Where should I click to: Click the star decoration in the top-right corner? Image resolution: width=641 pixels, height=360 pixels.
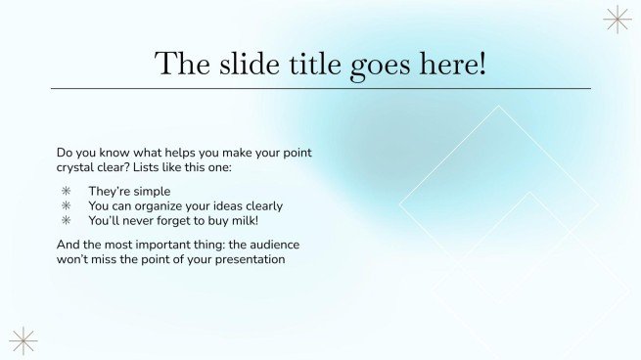(618, 20)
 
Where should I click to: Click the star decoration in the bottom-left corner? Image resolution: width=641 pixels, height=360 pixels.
(23, 340)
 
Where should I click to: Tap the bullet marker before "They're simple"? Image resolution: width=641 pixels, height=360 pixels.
(67, 192)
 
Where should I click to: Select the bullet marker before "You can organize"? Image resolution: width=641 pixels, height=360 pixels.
(67, 206)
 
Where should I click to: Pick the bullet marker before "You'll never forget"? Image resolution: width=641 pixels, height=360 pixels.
(67, 221)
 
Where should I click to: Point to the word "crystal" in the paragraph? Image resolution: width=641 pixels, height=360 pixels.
(76, 168)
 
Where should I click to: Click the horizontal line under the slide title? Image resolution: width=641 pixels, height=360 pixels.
(320, 89)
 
